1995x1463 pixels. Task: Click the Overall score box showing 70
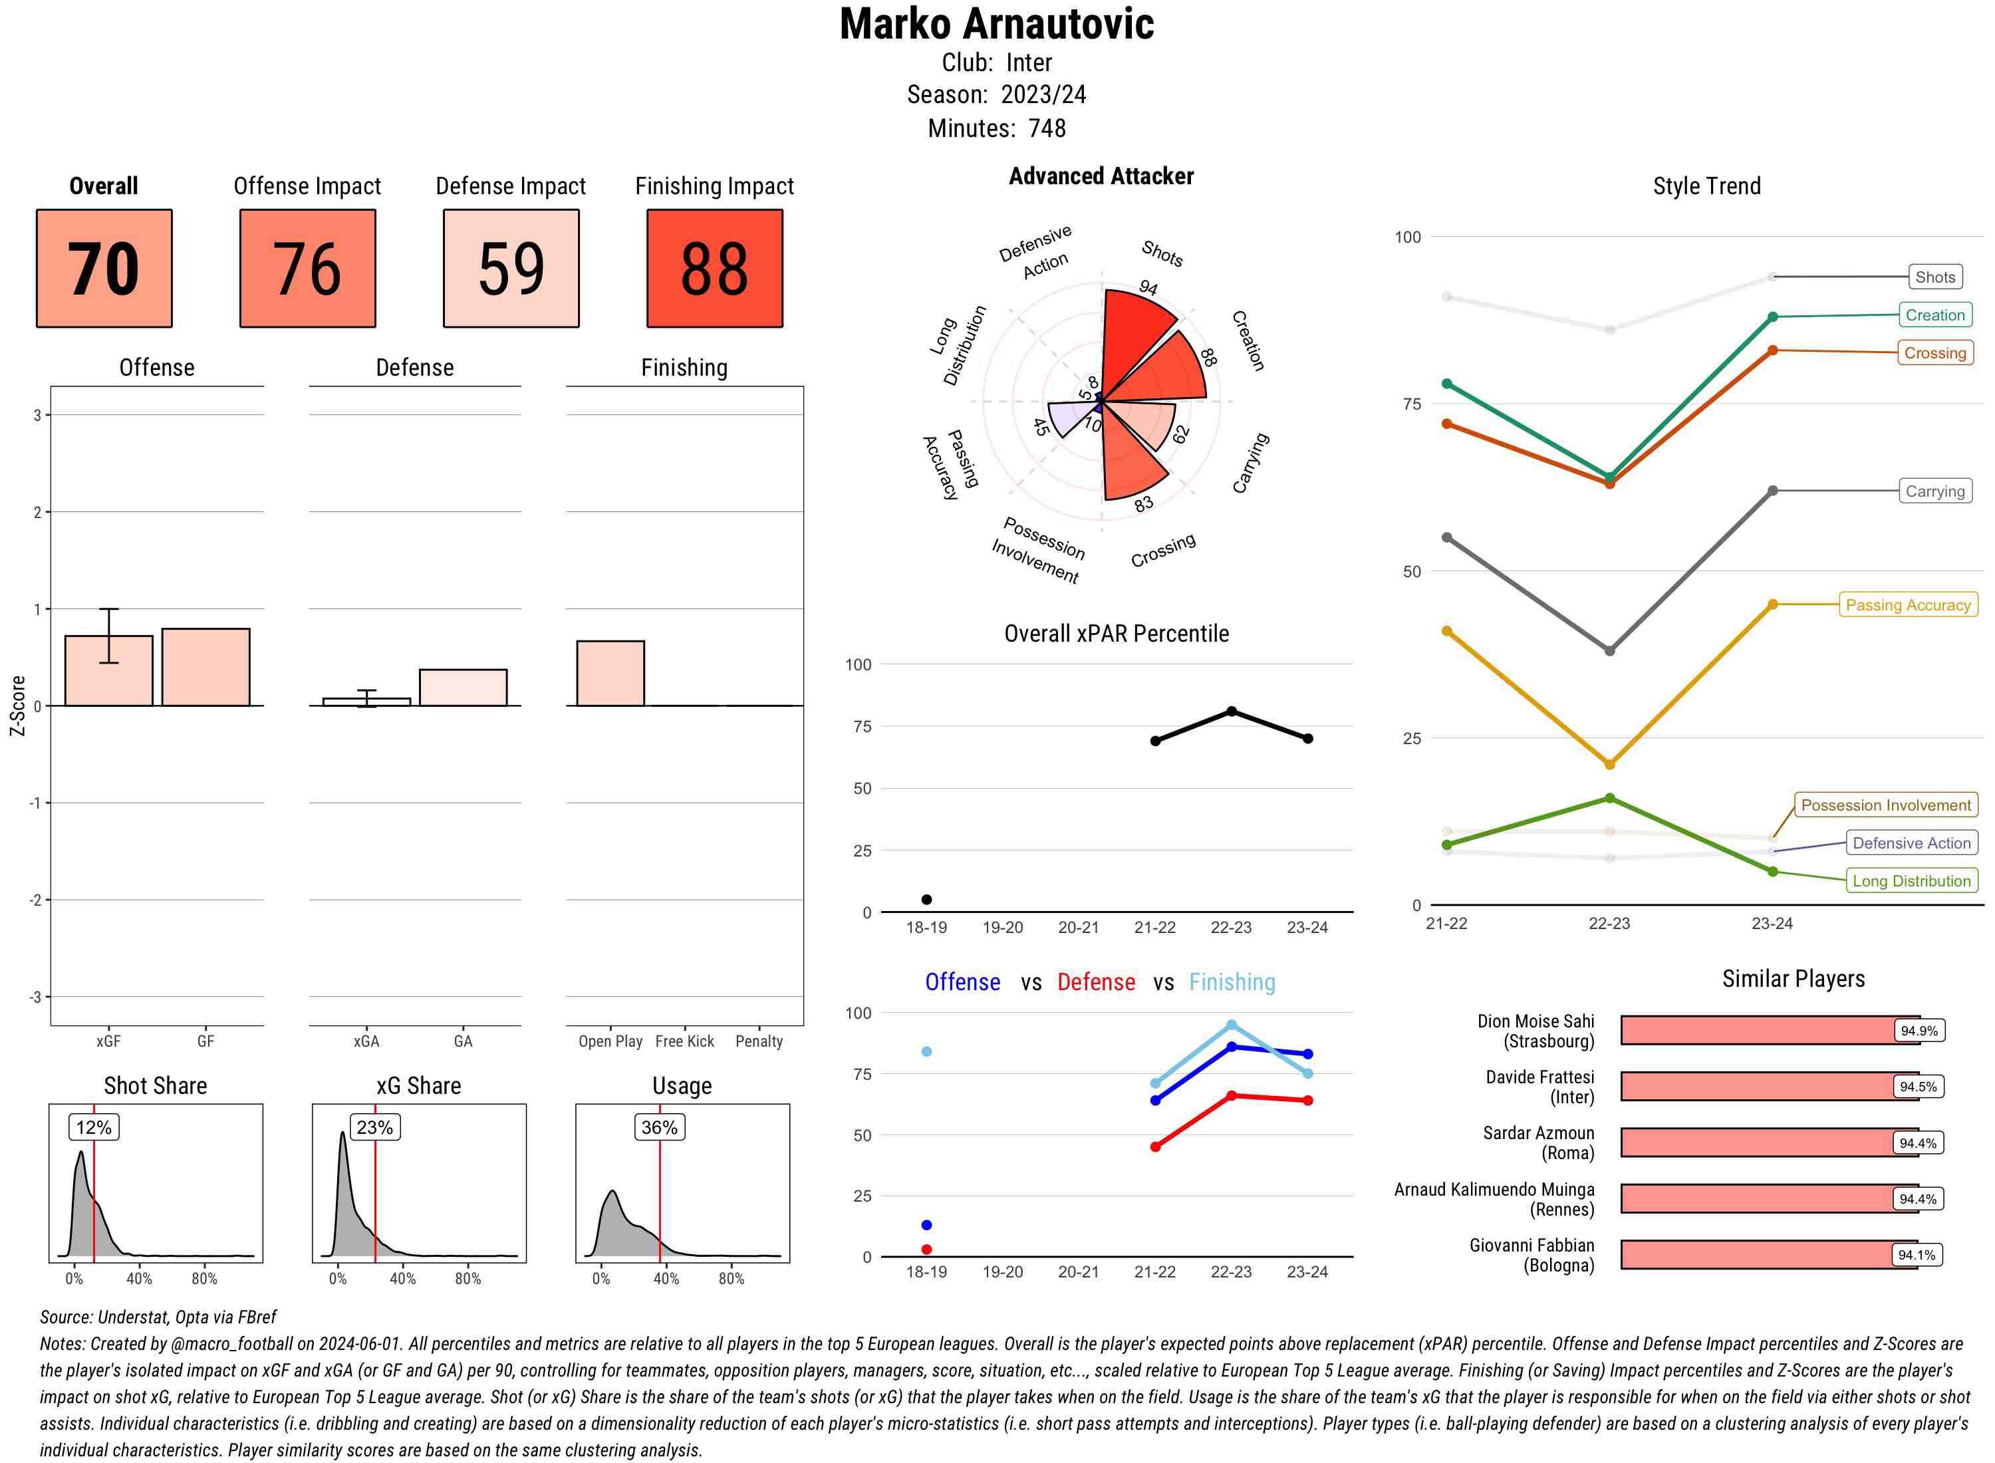(104, 269)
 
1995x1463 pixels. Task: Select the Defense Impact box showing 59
(511, 269)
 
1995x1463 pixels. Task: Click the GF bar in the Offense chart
(205, 667)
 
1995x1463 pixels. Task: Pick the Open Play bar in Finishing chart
(610, 673)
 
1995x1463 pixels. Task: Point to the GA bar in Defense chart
(463, 687)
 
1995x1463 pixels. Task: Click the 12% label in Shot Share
(94, 1127)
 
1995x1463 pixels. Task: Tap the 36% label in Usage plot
(659, 1127)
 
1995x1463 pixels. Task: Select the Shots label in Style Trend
(1934, 277)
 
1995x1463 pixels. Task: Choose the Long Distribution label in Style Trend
(1911, 881)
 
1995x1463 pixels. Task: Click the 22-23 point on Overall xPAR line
(1231, 711)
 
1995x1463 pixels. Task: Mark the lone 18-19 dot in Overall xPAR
(926, 900)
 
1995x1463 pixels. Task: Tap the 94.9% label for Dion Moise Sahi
(1918, 1031)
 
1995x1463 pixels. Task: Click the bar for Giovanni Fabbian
(1768, 1255)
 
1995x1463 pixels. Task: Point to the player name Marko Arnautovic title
(996, 25)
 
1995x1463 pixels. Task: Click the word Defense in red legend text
(1095, 982)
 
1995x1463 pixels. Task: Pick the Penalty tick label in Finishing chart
(759, 1041)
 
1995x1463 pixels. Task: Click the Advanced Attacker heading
(1101, 176)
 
